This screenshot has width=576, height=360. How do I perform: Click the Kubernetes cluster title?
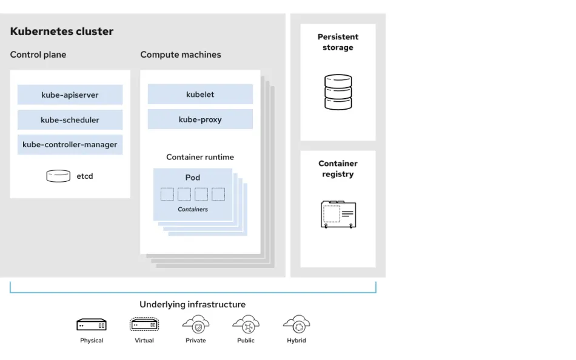[x=61, y=32]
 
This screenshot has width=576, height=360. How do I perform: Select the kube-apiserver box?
[x=70, y=95]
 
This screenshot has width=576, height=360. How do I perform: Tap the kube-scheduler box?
[x=70, y=119]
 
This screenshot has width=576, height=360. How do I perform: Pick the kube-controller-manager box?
[x=70, y=145]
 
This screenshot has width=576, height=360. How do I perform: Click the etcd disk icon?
[x=58, y=176]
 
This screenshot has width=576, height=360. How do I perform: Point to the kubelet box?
[x=200, y=94]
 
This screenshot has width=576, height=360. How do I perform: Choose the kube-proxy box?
[x=200, y=119]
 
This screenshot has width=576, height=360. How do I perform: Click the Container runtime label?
[x=200, y=157]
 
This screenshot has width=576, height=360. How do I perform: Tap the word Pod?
[x=192, y=178]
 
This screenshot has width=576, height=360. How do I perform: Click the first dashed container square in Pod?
[x=167, y=194]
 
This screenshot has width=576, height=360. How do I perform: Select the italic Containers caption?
[x=193, y=209]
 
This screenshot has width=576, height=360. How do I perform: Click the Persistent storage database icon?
[x=338, y=92]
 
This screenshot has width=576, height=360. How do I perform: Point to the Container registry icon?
[x=338, y=214]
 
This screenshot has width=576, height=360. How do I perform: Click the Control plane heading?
[x=38, y=55]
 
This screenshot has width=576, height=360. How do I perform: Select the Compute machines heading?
[x=181, y=55]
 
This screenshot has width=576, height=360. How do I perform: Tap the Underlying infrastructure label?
[x=193, y=304]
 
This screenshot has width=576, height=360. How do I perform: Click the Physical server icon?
[x=92, y=325]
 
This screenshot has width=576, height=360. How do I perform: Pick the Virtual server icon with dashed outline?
[x=144, y=325]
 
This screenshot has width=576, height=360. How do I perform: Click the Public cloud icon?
[x=246, y=324]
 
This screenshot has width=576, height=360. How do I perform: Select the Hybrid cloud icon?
[x=296, y=324]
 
